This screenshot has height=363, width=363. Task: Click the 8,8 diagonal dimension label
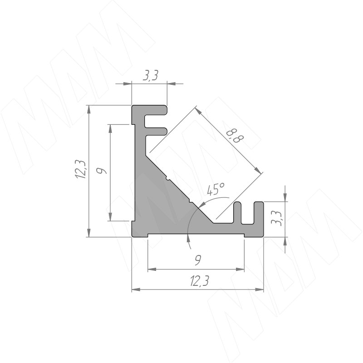(235, 137)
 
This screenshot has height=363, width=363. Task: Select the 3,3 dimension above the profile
(150, 75)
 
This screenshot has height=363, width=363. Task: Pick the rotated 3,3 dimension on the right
(277, 218)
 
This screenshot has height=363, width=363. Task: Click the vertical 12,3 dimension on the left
(81, 169)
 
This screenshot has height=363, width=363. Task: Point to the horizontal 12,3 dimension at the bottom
(199, 281)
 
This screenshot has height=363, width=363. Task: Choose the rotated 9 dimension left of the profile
(101, 171)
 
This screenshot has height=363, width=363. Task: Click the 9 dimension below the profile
(198, 260)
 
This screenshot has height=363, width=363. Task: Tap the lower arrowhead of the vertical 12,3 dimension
(88, 232)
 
